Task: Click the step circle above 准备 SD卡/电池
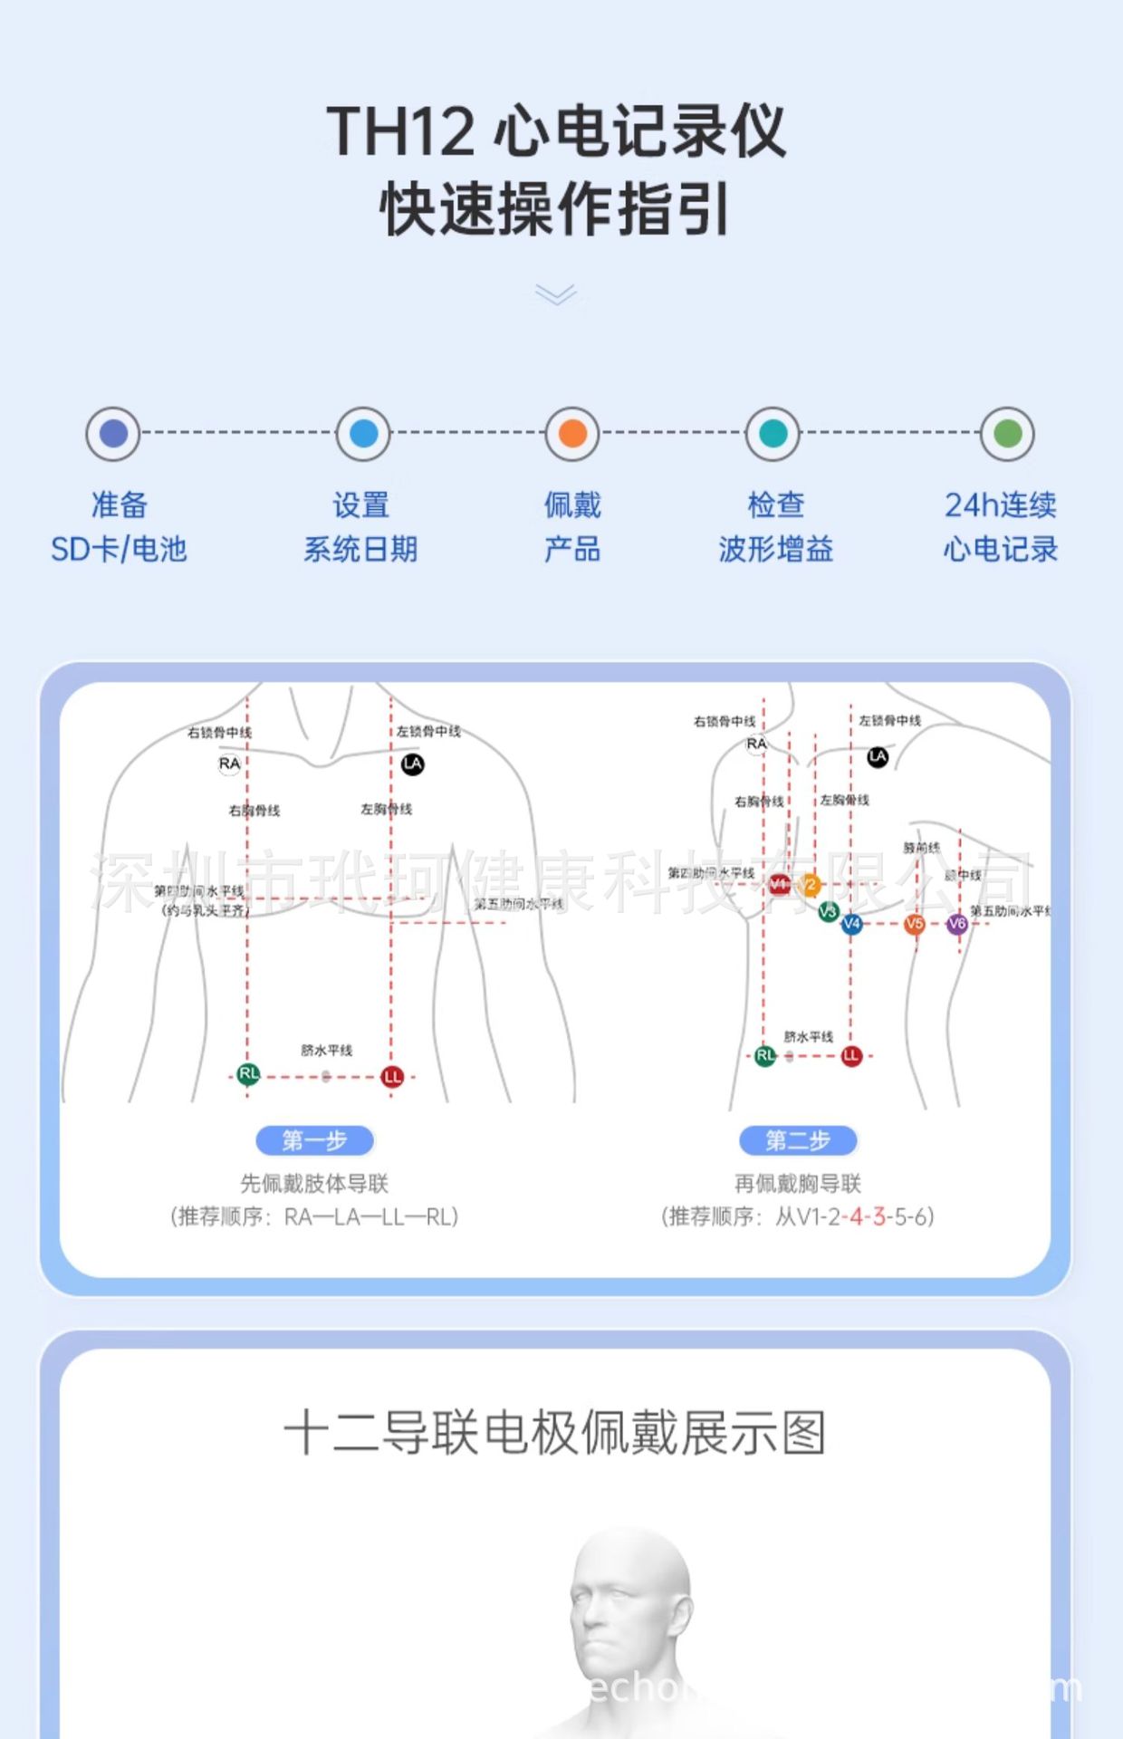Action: pos(113,434)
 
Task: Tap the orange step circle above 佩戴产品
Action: pos(572,434)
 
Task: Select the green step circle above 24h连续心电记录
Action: pos(1007,434)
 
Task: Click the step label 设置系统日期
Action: pos(360,526)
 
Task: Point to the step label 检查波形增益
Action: pos(775,526)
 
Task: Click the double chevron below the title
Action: pos(555,294)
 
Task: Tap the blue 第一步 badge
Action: pos(314,1140)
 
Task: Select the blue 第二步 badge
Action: pos(798,1140)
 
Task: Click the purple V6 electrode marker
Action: pos(957,924)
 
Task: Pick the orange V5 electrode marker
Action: pos(915,924)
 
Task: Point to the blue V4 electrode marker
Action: pos(851,924)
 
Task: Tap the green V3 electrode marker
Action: pos(828,911)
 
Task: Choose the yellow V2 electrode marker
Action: pos(810,885)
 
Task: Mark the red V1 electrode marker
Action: pos(780,885)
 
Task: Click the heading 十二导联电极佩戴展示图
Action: pos(554,1433)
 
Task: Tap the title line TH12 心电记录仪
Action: pos(555,131)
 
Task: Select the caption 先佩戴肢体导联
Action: pos(314,1183)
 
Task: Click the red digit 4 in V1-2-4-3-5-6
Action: pos(856,1216)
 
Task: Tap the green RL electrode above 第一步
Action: pos(248,1074)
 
